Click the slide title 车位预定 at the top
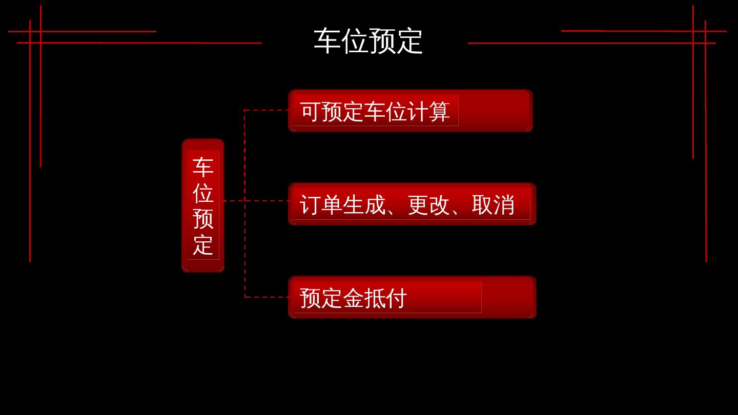click(368, 41)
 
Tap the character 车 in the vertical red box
click(203, 167)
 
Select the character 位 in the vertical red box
click(203, 193)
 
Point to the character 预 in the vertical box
click(203, 219)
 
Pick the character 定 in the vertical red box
click(203, 245)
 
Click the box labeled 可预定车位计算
click(411, 111)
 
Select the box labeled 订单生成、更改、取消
click(412, 204)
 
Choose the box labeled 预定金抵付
click(412, 297)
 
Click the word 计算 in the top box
click(429, 112)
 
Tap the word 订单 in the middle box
click(321, 205)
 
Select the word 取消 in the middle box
click(493, 205)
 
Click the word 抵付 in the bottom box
click(385, 298)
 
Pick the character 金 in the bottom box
click(353, 298)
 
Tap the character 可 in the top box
click(311, 112)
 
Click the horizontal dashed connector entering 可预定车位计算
click(266, 110)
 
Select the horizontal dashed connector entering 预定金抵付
click(266, 297)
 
